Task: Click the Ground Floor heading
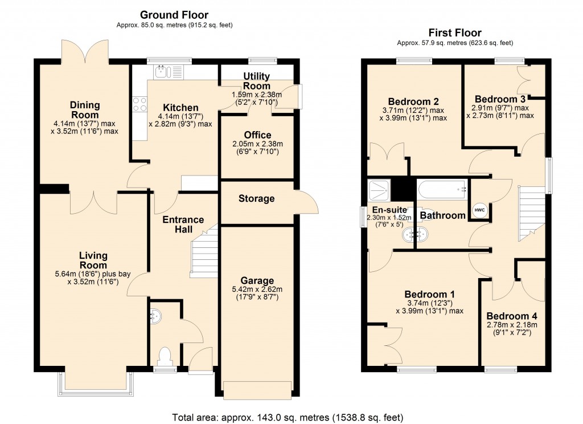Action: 174,15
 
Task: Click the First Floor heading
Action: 455,33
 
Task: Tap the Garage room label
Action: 257,280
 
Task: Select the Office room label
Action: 258,135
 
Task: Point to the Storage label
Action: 256,198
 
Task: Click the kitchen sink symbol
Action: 162,71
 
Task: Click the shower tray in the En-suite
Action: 377,189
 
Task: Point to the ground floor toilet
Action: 165,357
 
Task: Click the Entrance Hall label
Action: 183,225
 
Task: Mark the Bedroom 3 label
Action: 499,98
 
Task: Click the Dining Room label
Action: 85,109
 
